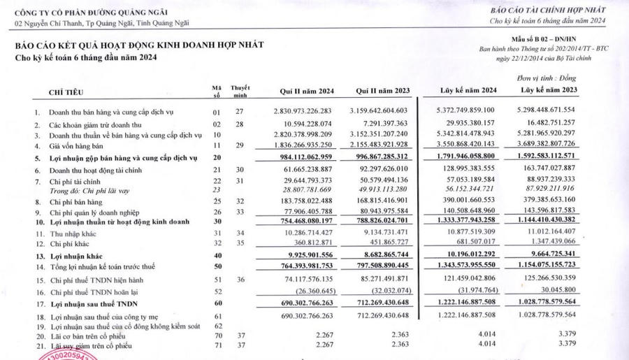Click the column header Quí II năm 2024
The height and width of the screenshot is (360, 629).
[x=308, y=91]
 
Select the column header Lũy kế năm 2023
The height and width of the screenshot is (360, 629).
[x=549, y=91]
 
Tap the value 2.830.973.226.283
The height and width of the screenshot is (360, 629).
[x=308, y=111]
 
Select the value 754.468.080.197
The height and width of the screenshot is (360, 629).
[x=308, y=221]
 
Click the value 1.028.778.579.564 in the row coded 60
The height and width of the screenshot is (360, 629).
[x=549, y=303]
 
